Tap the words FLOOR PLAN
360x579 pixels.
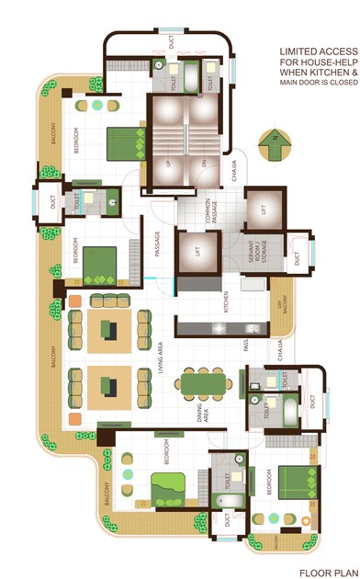[x=327, y=572]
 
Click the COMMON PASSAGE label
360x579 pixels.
[x=212, y=211]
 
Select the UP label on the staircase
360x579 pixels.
[x=167, y=165]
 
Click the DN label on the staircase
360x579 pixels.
[x=204, y=165]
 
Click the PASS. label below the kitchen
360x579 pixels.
[x=246, y=346]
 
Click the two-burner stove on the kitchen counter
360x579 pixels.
[x=220, y=328]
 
